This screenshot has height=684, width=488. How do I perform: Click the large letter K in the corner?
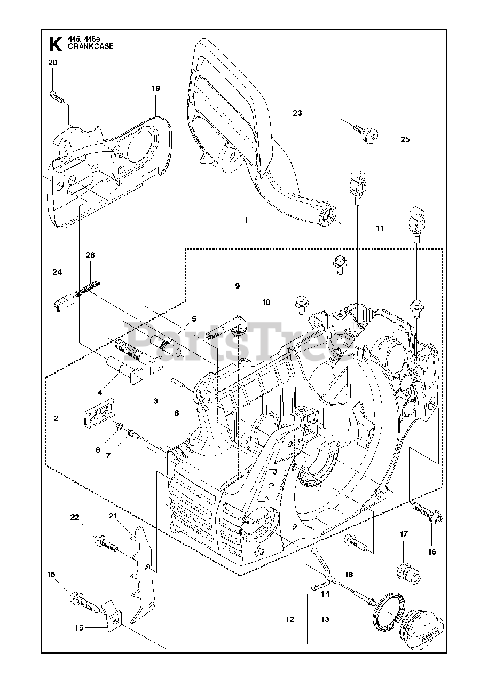56,44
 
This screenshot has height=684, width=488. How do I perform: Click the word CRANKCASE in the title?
91,46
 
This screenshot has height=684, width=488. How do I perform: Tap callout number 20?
52,63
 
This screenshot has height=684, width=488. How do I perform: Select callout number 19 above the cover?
155,88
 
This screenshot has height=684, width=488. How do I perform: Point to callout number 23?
297,113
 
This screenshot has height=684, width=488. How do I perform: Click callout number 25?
405,139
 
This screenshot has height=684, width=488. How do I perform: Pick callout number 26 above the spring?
90,255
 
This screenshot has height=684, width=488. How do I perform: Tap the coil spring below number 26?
87,288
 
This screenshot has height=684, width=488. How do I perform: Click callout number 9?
237,286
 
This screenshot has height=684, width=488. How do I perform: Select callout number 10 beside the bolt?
266,302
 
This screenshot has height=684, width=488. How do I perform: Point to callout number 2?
56,418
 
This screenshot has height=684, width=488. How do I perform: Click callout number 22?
75,517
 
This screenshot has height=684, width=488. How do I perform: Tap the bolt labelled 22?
106,544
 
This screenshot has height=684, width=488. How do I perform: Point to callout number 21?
113,516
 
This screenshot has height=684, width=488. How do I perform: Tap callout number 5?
194,319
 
